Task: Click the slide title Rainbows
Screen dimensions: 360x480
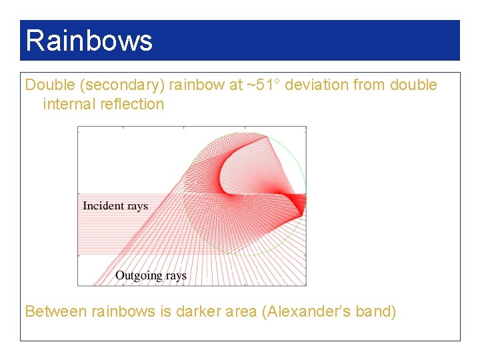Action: tap(89, 41)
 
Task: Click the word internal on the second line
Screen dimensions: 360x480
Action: tap(70, 104)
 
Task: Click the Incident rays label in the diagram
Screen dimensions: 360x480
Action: tap(115, 205)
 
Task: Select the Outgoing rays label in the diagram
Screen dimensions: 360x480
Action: tap(151, 275)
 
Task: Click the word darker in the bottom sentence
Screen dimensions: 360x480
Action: tap(198, 311)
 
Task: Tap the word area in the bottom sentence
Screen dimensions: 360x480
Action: tap(241, 311)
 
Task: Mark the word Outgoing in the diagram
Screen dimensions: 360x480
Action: tap(139, 275)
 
